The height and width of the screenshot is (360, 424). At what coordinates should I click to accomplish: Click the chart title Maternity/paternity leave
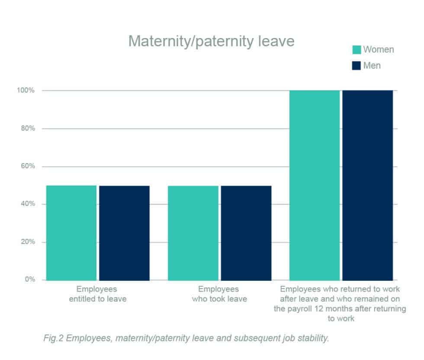coord(212,42)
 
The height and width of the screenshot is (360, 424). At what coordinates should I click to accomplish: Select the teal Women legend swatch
coord(357,50)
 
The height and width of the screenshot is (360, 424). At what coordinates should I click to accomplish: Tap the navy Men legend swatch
coord(357,66)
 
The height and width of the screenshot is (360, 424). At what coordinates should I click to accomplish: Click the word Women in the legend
coord(379,49)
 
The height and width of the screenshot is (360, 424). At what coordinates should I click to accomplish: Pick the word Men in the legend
coord(372,66)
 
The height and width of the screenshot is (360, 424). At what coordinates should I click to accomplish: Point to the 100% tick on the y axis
coord(26,90)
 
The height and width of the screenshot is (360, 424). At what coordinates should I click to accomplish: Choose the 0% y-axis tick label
coord(29,280)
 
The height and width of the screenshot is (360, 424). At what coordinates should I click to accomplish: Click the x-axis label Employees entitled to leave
coord(97,294)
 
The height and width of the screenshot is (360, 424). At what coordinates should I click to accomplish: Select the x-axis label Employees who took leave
coord(219,294)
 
